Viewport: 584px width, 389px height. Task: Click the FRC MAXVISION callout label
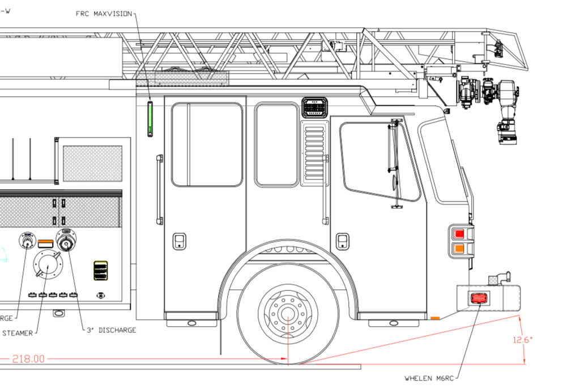(104, 14)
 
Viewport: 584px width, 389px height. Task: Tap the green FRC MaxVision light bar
(150, 119)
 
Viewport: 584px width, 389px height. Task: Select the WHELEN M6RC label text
(429, 378)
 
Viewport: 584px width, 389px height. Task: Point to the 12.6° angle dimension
(522, 340)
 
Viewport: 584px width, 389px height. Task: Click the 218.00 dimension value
(27, 359)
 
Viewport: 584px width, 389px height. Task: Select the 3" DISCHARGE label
(111, 330)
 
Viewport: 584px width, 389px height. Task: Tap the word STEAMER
(17, 334)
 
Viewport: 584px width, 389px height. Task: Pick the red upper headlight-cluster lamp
(459, 234)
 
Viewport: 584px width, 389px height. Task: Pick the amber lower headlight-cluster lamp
(459, 249)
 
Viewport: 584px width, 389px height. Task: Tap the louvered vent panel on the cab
(314, 153)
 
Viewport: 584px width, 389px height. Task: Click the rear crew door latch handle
(179, 241)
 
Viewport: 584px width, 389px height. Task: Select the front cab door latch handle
(342, 241)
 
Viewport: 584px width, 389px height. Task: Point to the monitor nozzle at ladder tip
(507, 127)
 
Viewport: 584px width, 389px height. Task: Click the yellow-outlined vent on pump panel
(100, 271)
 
